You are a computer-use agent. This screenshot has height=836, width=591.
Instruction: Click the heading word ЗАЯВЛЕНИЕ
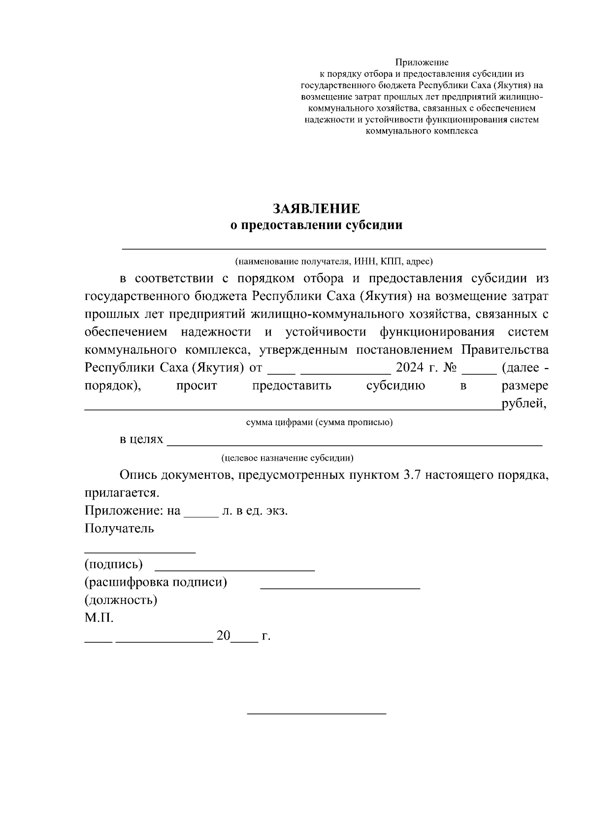317,208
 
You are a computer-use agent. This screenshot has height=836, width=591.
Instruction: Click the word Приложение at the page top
422,63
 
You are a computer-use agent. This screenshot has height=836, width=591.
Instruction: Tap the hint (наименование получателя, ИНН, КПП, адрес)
334,261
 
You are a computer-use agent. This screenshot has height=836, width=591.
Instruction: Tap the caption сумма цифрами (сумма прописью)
319,423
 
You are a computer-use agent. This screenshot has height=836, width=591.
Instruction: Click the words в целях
141,439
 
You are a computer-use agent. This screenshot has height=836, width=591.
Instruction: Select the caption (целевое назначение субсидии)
287,458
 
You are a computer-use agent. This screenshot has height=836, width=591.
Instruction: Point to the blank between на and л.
200,512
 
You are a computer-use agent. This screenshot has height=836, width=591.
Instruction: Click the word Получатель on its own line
119,529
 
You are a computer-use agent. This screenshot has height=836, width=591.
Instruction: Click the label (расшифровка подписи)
156,582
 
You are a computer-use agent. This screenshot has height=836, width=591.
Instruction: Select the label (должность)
121,600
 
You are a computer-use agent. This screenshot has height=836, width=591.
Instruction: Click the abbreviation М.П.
99,618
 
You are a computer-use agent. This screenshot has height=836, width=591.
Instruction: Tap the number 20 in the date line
223,636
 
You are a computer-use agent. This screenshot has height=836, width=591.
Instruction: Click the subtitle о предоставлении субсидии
317,226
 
